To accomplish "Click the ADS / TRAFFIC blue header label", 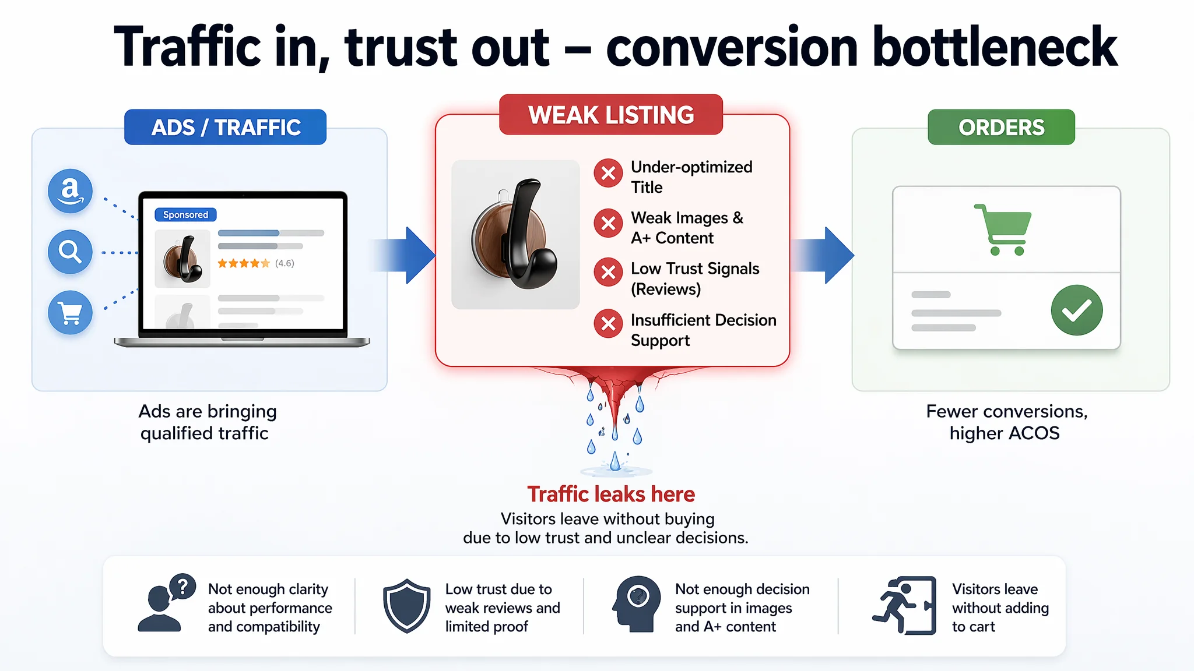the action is (225, 127).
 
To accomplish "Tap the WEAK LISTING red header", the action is (611, 115).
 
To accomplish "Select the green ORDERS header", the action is (1001, 127).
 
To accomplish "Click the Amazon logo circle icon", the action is (70, 191).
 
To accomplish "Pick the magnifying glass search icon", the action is (70, 252).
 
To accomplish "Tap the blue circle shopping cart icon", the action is (70, 313).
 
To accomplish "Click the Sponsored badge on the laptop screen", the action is (185, 214).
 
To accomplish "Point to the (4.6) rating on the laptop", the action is (285, 263).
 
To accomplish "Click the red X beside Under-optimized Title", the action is (608, 173).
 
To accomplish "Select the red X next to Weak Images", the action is (608, 223).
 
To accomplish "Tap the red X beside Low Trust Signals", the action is (608, 272).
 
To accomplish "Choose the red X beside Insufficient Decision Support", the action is (608, 323).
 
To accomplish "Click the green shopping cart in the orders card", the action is (1003, 229).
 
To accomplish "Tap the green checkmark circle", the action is (1076, 310).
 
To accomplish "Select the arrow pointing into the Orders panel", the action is (822, 255).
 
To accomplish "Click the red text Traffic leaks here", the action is (611, 494).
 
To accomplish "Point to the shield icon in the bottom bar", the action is (406, 606).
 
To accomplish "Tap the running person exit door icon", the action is (904, 606).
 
